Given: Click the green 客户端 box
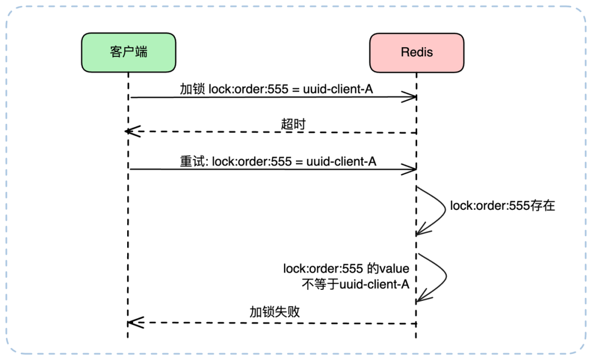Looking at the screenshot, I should click(x=128, y=53).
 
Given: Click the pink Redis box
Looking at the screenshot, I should click(x=417, y=53).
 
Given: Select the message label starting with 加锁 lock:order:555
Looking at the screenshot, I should click(x=276, y=89).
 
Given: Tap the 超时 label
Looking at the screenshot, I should click(x=293, y=124).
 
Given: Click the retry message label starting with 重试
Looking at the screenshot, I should click(x=278, y=161).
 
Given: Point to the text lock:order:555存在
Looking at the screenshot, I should click(x=503, y=206).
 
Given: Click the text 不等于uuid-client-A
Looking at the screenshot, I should click(x=355, y=284).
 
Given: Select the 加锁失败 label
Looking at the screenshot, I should click(x=275, y=312).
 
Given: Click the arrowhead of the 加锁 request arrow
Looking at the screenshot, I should click(x=411, y=98).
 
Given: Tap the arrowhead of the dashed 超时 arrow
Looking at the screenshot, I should click(x=130, y=132).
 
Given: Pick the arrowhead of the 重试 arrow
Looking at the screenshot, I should click(x=411, y=169).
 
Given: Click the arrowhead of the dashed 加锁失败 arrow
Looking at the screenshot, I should click(x=134, y=322).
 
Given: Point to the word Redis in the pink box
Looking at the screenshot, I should click(x=417, y=53).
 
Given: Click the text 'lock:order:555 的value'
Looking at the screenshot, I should click(x=346, y=268).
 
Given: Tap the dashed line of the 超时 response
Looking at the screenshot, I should click(x=274, y=132).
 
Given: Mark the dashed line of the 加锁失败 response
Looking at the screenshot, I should click(x=274, y=323).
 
